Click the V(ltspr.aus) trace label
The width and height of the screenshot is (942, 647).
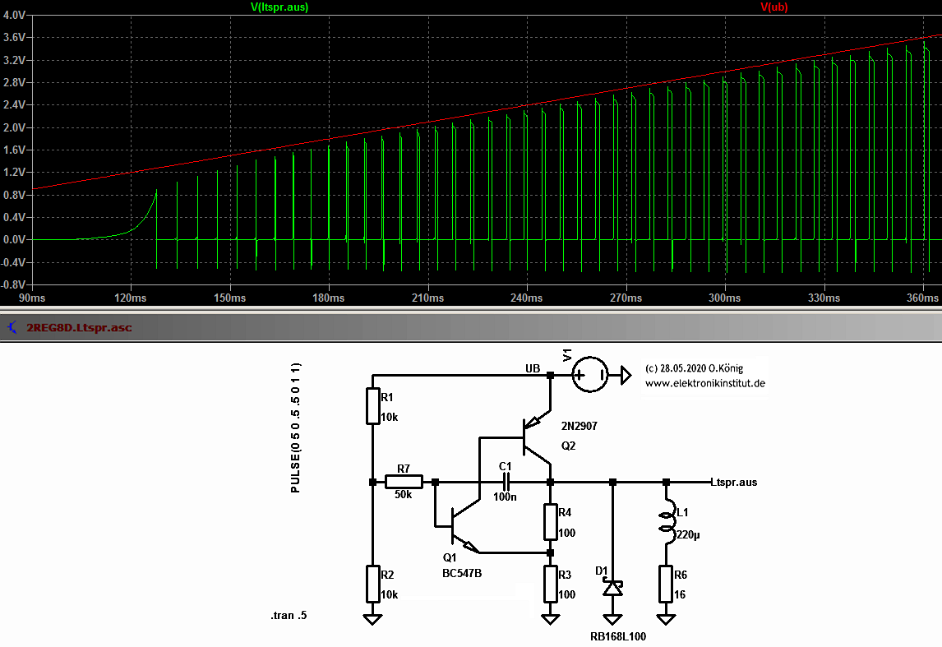click(279, 7)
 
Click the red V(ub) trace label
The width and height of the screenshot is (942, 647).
click(774, 7)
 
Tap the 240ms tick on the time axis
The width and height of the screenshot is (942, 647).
click(526, 297)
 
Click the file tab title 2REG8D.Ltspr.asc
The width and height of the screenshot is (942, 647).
click(79, 327)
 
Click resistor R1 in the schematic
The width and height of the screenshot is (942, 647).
click(373, 407)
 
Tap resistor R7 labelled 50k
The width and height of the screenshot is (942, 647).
click(404, 482)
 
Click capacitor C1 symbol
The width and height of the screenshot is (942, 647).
click(506, 482)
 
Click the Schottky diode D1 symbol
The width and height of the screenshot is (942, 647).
click(612, 589)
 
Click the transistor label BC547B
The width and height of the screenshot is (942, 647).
click(461, 573)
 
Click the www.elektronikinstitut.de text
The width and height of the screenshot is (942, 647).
click(705, 383)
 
